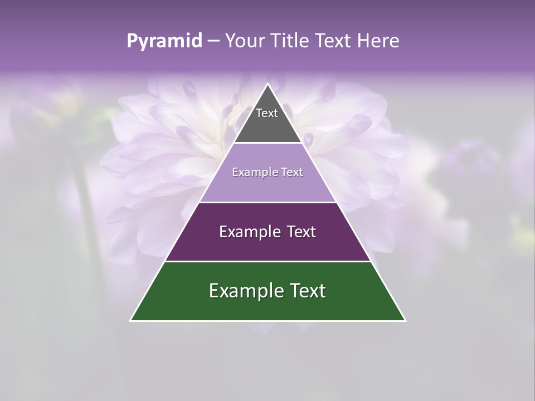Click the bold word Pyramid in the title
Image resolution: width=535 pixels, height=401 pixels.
point(164,41)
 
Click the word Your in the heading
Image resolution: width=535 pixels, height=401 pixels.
point(244,41)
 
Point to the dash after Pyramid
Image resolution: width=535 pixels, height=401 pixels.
point(213,41)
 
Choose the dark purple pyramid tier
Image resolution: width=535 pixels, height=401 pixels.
point(267,245)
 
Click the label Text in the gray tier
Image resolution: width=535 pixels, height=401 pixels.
point(266,113)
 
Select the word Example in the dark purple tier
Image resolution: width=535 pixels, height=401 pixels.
point(247,232)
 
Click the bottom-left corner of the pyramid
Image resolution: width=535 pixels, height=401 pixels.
point(131,320)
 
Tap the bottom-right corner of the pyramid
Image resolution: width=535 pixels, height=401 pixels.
point(405,320)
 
